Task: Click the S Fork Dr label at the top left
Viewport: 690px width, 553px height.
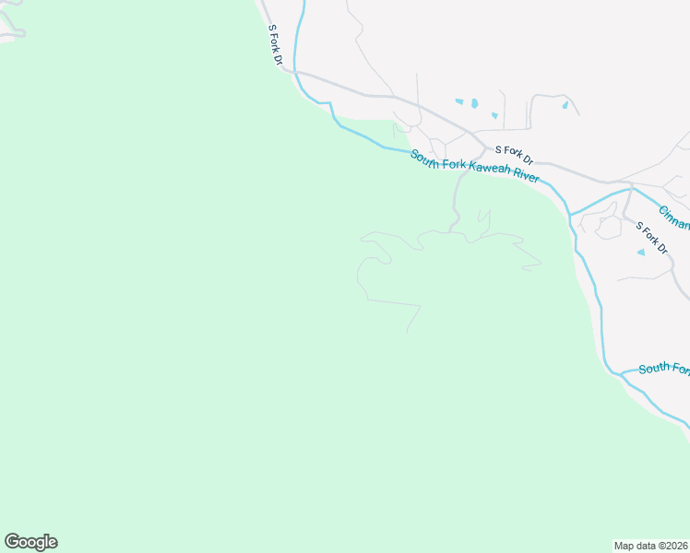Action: (x=275, y=44)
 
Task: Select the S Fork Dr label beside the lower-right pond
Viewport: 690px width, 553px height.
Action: (x=650, y=235)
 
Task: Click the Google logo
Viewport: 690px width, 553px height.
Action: (x=30, y=542)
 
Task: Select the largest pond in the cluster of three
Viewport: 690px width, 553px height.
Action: (x=474, y=103)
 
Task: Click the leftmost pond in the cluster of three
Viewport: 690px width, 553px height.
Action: (x=458, y=100)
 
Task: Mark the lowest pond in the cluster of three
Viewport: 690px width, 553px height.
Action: (x=494, y=116)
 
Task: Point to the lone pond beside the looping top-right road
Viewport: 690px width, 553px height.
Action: (x=565, y=105)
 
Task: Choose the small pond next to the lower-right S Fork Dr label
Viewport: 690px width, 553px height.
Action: (x=641, y=252)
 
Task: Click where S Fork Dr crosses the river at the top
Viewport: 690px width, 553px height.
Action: (x=295, y=70)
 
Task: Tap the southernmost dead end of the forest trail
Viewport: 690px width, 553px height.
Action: (x=407, y=333)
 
